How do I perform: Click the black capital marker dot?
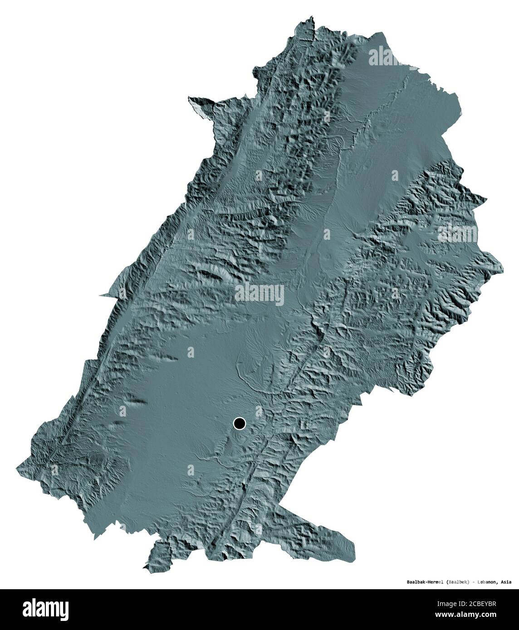tap(239, 423)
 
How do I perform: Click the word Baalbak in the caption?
tap(414, 582)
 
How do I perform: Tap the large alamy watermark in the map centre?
tap(259, 295)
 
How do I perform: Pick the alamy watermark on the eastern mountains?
tap(457, 234)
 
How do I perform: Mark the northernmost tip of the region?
tap(311, 17)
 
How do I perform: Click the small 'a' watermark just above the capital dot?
tap(259, 410)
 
